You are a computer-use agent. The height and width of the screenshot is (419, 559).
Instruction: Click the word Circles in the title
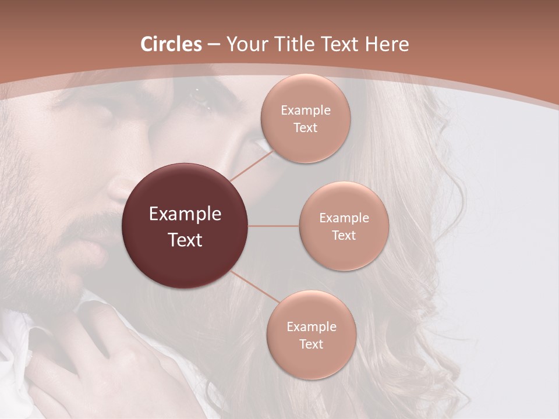pyautogui.click(x=171, y=44)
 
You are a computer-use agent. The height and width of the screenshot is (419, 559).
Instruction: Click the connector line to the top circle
pyautogui.click(x=250, y=166)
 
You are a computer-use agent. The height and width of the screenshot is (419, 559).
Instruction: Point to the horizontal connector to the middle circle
pyautogui.click(x=273, y=226)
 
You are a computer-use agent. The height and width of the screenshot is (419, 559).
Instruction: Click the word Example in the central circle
pyautogui.click(x=185, y=214)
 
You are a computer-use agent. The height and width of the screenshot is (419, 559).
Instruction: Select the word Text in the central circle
pyautogui.click(x=185, y=240)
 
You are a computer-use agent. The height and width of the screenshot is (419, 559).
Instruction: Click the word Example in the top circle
pyautogui.click(x=305, y=111)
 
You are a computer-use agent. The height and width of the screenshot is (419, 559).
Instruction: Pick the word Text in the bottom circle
pyautogui.click(x=311, y=345)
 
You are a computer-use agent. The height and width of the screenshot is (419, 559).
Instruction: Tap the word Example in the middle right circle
pyautogui.click(x=344, y=218)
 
